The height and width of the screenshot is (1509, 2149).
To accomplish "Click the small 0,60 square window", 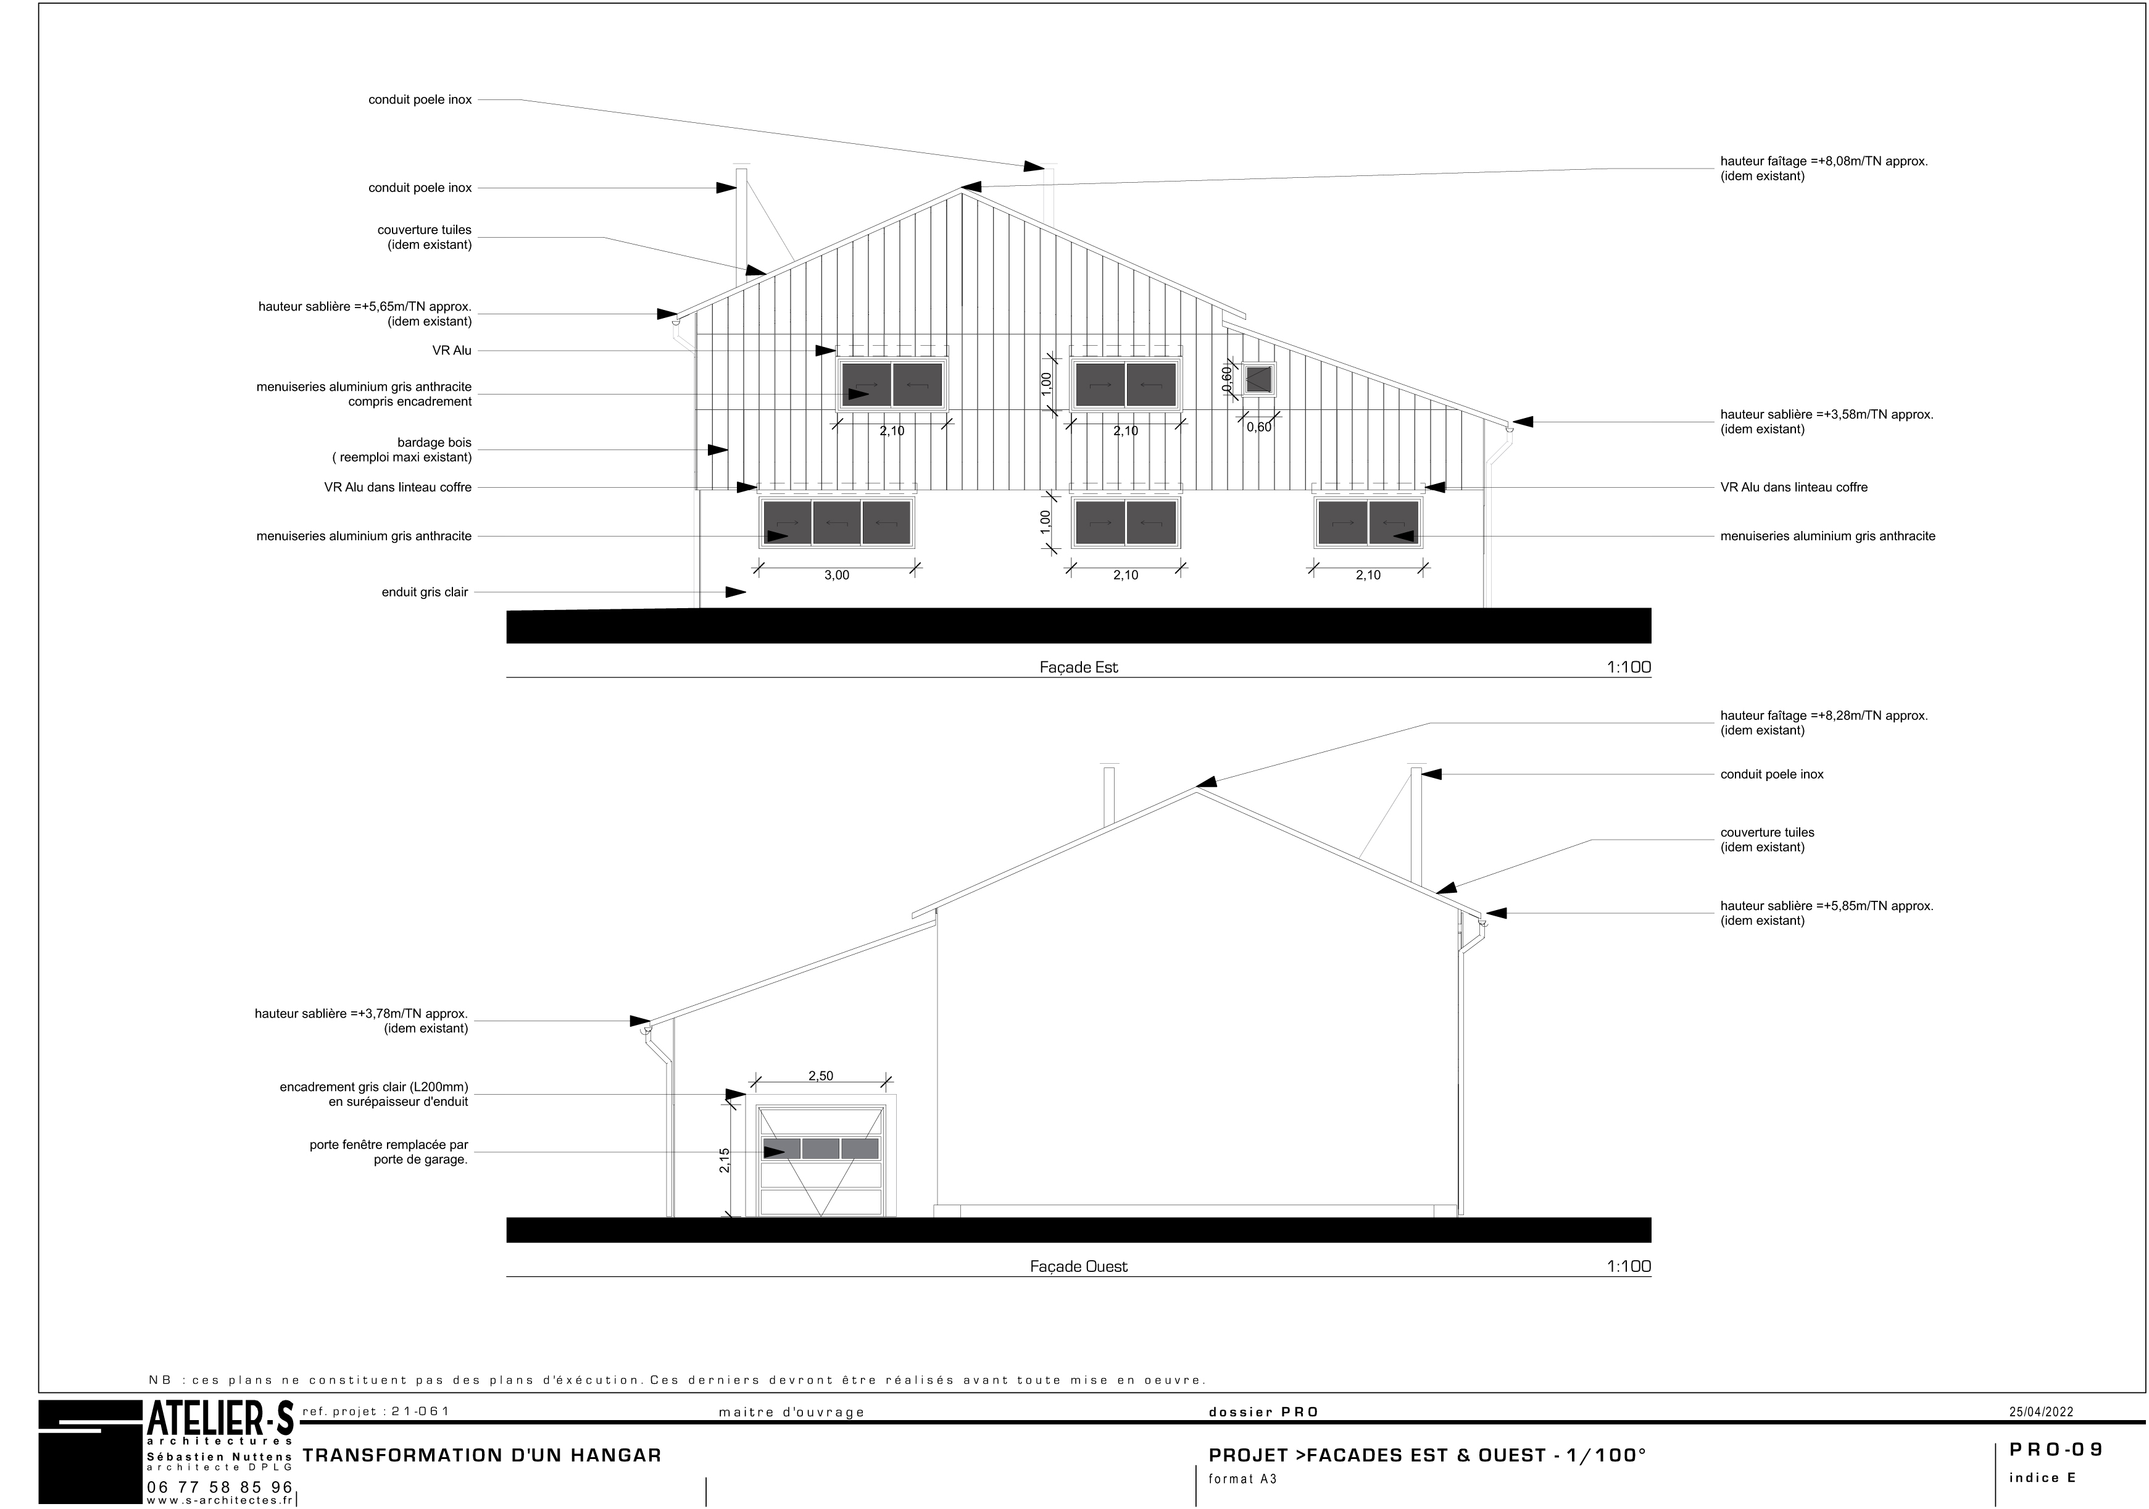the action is click(x=1259, y=379).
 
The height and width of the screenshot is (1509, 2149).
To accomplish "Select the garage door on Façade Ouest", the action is click(x=821, y=1161).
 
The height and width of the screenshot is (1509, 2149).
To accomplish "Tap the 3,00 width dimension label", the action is click(x=837, y=575).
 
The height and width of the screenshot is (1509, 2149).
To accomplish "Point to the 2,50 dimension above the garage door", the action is click(x=821, y=1076).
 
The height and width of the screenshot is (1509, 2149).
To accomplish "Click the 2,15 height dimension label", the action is click(x=725, y=1161).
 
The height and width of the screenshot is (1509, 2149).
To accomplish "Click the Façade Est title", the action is click(x=1078, y=667).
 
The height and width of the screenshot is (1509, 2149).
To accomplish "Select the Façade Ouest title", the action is click(x=1078, y=1266).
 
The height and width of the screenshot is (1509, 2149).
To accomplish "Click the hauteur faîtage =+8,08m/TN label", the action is click(x=1823, y=161).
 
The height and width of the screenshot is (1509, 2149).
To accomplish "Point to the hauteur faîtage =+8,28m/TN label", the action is click(x=1823, y=715).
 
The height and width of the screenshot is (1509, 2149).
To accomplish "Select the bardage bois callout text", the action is click(x=402, y=450).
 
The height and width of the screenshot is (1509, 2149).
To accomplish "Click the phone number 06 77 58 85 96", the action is click(x=220, y=1487).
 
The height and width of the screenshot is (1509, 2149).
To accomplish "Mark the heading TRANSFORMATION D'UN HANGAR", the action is click(x=482, y=1456).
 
